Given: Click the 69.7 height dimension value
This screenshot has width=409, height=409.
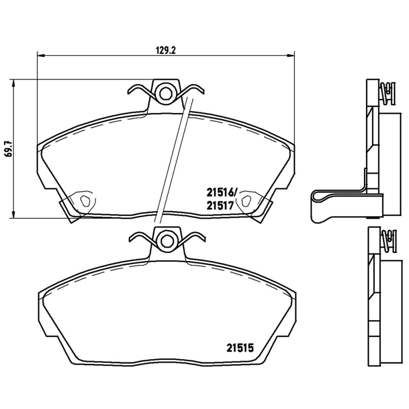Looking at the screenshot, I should (x=7, y=148).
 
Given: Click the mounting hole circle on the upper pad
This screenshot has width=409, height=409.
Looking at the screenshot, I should (x=165, y=93).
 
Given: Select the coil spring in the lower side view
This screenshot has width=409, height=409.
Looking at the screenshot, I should (x=389, y=240).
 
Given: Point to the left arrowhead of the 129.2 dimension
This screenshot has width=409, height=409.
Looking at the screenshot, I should (x=40, y=56).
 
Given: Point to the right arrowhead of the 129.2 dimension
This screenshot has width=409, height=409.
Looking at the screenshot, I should (x=291, y=56).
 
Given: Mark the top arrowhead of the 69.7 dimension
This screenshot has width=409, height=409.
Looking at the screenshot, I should (x=13, y=83).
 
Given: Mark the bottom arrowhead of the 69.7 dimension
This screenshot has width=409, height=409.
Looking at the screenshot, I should (x=13, y=214).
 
